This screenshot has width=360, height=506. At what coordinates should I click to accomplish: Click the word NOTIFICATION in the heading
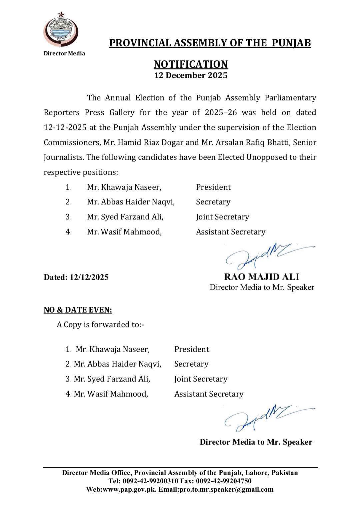click(x=190, y=64)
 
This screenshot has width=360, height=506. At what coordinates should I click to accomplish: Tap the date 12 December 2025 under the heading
click(x=190, y=75)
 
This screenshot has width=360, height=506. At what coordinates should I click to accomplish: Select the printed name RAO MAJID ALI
click(x=261, y=277)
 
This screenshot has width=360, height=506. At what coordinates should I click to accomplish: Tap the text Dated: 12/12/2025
click(x=76, y=277)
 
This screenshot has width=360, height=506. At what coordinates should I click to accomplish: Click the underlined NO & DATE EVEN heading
click(x=78, y=310)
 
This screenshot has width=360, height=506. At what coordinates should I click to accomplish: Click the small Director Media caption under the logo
click(x=64, y=53)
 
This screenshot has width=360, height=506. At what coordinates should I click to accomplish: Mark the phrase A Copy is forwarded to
click(x=100, y=325)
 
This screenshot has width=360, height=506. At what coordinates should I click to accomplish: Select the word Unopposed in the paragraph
click(x=265, y=157)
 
